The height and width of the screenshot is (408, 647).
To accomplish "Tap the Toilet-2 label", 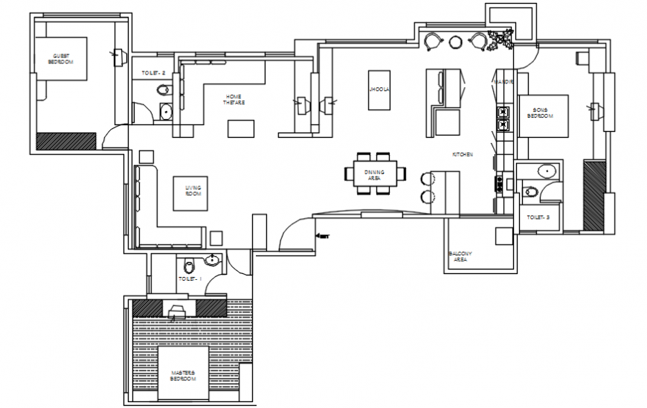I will (152, 73).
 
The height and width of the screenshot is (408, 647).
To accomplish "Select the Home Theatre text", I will (234, 99).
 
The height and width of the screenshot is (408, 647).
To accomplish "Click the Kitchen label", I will (463, 154).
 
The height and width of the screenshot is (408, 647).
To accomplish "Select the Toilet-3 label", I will (538, 217).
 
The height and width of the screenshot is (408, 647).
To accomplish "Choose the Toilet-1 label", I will (190, 278).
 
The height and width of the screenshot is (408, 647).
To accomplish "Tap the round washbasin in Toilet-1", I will (212, 260).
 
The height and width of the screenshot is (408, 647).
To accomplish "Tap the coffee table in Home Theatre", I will (240, 129).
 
